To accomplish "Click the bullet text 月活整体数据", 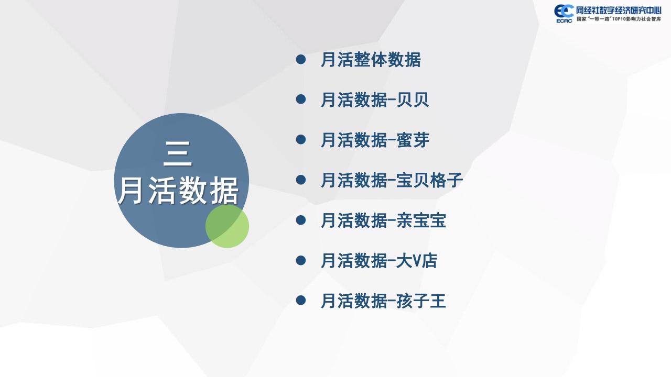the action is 371,60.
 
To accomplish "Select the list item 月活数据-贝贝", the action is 375,99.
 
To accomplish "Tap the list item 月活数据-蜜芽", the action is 375,140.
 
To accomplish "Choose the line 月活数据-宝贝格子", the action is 392,180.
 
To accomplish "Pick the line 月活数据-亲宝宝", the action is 383,220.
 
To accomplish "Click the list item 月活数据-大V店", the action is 379,260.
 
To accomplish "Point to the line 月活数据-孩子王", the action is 383,301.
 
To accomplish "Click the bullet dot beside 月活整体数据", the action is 301,59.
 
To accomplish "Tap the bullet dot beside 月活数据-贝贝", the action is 301,99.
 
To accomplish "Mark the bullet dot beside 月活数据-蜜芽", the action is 301,139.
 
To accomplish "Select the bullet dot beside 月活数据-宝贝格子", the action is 301,180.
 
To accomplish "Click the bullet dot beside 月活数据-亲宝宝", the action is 301,220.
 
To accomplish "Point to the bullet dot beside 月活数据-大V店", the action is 301,260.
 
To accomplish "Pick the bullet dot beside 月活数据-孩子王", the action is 301,301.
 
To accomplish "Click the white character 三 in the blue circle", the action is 178,153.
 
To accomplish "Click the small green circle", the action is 227,226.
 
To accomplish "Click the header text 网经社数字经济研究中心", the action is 619,11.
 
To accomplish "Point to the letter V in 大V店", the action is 417,261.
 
